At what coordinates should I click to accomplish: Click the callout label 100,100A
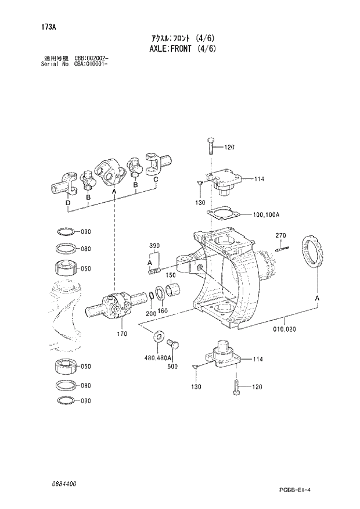(x=267, y=214)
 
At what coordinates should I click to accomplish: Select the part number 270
(x=281, y=235)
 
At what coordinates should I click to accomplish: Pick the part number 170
(x=122, y=334)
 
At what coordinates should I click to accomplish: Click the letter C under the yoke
(x=156, y=180)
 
